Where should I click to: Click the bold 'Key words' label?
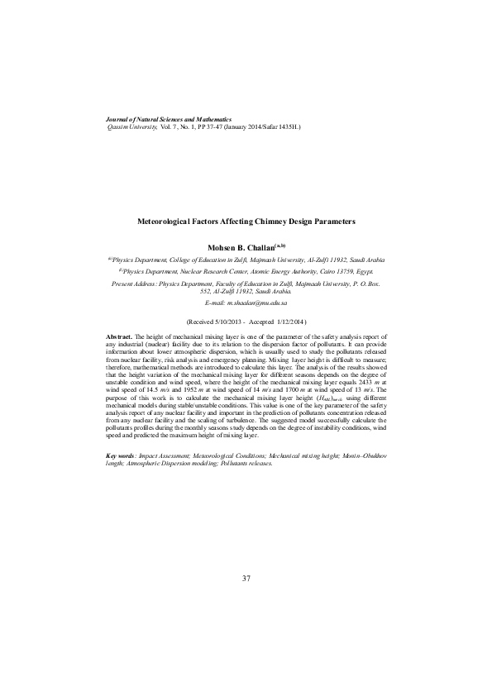tap(121, 456)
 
